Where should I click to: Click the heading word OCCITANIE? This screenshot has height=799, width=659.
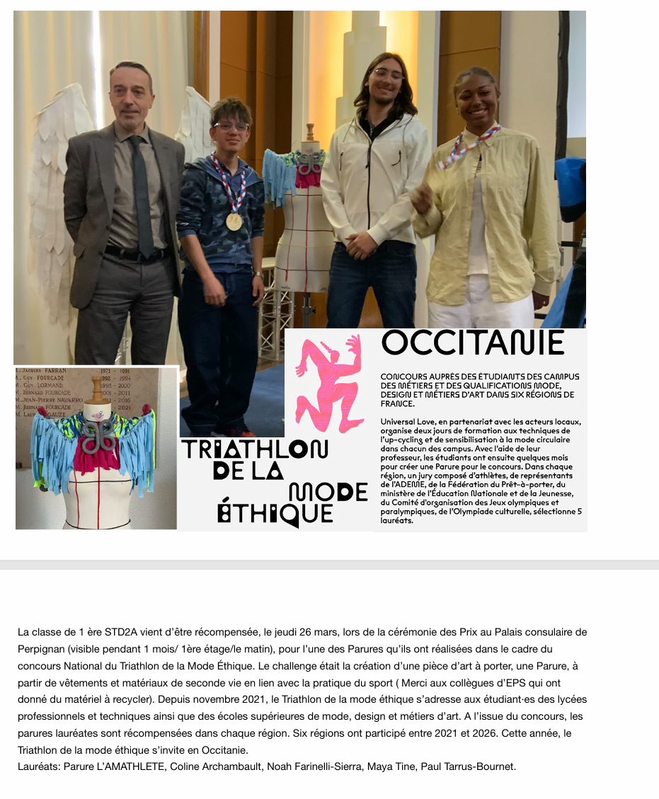(473, 343)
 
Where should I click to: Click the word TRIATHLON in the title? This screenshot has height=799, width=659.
(255, 449)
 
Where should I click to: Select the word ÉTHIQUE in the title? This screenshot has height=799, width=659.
(276, 513)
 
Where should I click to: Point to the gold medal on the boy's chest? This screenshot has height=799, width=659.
(234, 221)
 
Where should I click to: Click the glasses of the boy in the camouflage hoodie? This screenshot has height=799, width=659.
(231, 127)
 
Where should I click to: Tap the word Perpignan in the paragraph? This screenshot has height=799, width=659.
(44, 649)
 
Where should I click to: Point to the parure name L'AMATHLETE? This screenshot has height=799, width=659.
(125, 767)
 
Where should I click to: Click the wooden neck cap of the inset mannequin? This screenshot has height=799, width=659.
(97, 387)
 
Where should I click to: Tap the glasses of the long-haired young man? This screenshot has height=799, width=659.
(388, 74)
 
